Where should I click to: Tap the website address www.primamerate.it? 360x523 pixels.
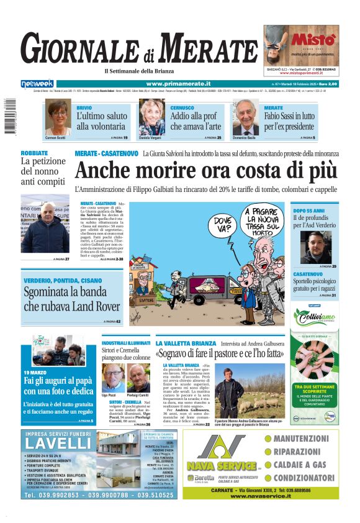pyautogui.click(x=178, y=84)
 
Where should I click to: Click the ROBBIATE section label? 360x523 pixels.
pyautogui.click(x=34, y=152)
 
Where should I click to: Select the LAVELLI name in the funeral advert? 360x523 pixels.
pyautogui.click(x=58, y=443)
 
